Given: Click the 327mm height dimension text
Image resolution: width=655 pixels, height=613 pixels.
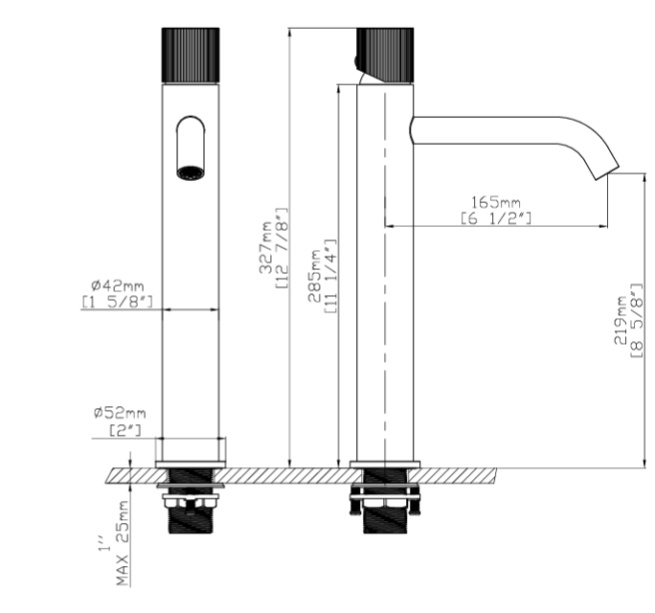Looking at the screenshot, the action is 265,247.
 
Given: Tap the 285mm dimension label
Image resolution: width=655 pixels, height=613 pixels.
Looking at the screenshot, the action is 314,276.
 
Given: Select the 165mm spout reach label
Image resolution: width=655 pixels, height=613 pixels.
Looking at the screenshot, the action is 496,203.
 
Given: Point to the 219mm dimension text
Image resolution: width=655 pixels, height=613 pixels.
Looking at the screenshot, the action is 621,320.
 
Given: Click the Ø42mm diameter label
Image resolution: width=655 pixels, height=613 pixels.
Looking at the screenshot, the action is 118,285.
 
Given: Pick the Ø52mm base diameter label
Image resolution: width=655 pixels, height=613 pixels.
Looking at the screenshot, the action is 120,413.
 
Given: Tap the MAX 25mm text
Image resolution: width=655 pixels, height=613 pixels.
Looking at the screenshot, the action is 122,543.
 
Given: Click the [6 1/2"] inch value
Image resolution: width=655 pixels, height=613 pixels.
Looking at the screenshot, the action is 496,218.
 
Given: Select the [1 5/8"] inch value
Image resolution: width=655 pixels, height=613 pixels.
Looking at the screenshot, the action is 118,302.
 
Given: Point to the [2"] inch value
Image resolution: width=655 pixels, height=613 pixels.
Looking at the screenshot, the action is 125,430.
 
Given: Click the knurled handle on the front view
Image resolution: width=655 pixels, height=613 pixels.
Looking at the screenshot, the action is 191,56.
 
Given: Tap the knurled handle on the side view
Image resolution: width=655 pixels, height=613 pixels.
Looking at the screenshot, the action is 385,56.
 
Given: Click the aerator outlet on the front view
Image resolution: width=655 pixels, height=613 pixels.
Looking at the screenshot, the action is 191,173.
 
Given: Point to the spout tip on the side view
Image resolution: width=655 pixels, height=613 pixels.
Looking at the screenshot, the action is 607,171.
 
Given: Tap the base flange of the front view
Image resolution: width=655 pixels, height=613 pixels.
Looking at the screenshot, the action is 191,465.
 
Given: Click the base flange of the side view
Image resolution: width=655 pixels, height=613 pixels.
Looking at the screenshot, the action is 385,465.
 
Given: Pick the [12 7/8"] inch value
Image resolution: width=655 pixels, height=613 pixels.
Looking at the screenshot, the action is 282,248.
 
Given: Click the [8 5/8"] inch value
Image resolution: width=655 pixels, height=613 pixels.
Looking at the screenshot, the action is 636,320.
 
